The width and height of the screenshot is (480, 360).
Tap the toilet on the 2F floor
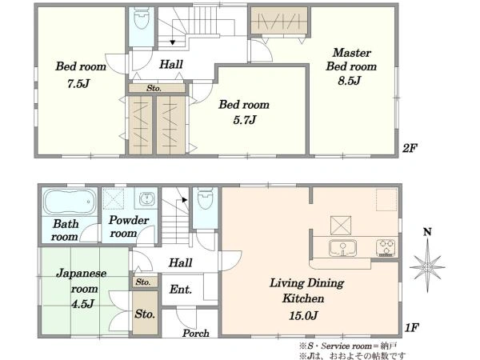142,18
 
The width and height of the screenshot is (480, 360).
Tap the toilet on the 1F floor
205,198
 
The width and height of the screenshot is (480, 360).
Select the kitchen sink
343,248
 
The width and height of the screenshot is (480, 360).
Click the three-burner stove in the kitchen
386,248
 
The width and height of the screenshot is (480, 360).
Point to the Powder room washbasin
147,198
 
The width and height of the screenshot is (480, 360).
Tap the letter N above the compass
427,232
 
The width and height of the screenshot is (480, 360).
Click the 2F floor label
410,149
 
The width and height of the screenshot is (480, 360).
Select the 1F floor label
411,328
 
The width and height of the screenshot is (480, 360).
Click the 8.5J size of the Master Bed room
350,81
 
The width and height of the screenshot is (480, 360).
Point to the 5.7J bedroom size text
245,120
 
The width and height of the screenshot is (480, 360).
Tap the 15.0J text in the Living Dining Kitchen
303,315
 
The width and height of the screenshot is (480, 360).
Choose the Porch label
196,333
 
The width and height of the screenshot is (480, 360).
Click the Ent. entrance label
181,290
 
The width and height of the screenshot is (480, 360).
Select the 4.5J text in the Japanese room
82,304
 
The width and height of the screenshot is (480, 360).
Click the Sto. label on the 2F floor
154,89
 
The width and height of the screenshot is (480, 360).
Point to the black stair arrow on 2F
173,42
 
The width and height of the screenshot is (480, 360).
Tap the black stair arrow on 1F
185,200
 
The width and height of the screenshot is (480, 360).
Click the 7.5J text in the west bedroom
78,83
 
